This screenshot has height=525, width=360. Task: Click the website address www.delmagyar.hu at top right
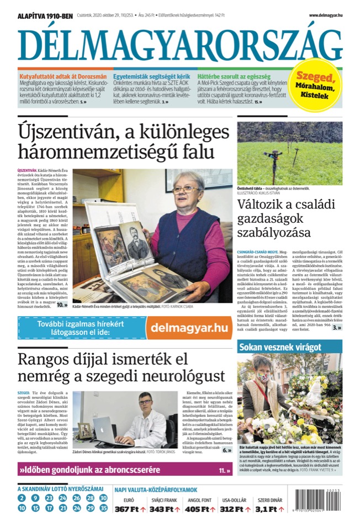tap(325, 15)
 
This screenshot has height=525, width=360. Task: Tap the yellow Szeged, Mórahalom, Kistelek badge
tap(315, 86)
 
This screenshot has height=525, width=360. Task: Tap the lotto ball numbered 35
tap(103, 507)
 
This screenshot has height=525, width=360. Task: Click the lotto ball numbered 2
tap(22, 498)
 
